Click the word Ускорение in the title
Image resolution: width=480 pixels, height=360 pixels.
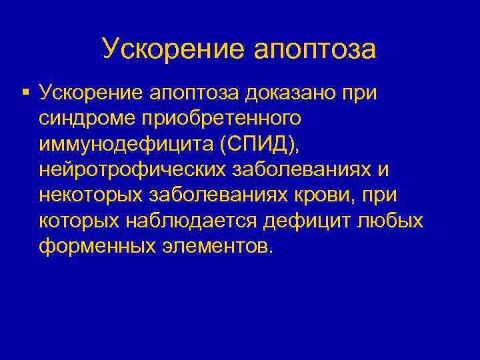point(175,49)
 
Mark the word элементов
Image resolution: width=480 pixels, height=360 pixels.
point(215,247)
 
